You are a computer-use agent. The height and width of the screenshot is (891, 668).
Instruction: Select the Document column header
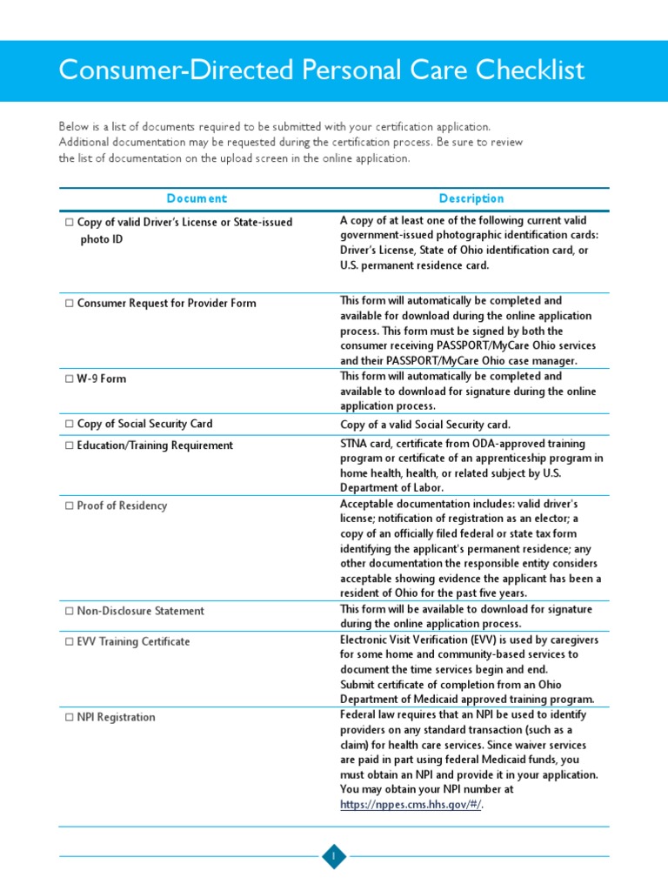tap(197, 198)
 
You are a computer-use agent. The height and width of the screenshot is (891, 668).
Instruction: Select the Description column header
tap(471, 198)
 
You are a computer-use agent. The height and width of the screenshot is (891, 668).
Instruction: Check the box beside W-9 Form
tap(69, 379)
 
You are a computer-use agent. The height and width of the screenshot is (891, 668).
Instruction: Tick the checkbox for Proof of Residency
tap(69, 506)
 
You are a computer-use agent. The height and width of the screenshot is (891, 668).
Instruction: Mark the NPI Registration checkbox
tap(69, 718)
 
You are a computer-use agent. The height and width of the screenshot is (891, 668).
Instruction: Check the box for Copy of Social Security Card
tap(69, 425)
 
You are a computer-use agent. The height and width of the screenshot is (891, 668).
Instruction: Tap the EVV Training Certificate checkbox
tap(69, 642)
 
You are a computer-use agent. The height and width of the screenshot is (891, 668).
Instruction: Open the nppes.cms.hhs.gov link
tap(411, 805)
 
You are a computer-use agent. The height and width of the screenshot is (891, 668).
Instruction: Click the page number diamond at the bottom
tap(334, 857)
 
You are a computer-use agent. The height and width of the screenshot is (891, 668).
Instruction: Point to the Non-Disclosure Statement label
tap(140, 611)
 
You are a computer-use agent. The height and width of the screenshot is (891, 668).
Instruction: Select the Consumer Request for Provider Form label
tap(166, 304)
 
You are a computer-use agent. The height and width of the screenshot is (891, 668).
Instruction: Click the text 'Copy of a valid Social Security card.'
tap(424, 425)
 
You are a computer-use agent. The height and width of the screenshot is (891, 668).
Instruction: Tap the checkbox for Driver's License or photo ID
tap(69, 223)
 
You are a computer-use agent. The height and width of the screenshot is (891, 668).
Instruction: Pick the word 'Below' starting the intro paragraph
tap(74, 127)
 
